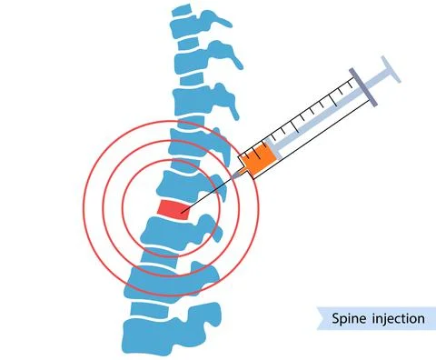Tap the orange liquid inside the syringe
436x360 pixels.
(x=255, y=160)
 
